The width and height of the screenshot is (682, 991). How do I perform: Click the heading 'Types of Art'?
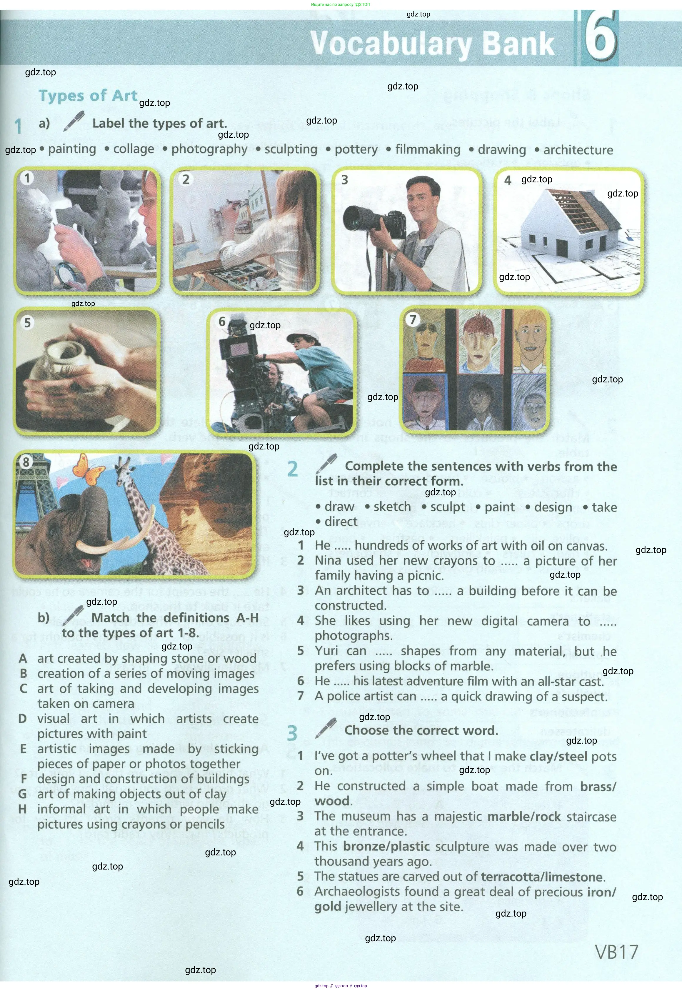88,96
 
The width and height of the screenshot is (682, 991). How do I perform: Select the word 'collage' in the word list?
133,149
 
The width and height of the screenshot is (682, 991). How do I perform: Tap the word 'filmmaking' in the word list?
428,149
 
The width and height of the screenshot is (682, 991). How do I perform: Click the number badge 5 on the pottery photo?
28,323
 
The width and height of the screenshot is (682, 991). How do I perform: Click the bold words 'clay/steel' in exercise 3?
558,756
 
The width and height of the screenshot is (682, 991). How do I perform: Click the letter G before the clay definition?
23,794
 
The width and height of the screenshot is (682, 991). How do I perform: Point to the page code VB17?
616,952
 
